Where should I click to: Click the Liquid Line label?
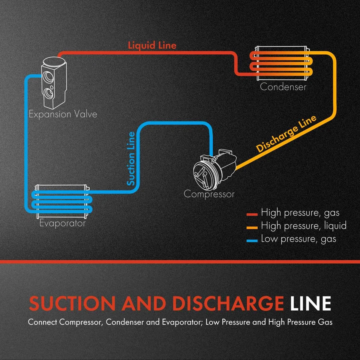pyautogui.click(x=152, y=46)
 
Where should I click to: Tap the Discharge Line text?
pyautogui.click(x=286, y=133)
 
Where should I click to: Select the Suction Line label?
pyautogui.click(x=131, y=159)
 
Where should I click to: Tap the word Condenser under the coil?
pyautogui.click(x=283, y=87)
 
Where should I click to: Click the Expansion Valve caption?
pyautogui.click(x=63, y=114)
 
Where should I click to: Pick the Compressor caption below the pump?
pyautogui.click(x=209, y=194)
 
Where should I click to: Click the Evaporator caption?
pyautogui.click(x=63, y=223)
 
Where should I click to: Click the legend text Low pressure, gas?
pyautogui.click(x=298, y=239)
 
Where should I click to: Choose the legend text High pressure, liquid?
pyautogui.click(x=304, y=226)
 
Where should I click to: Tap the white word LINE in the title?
pyautogui.click(x=310, y=304)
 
